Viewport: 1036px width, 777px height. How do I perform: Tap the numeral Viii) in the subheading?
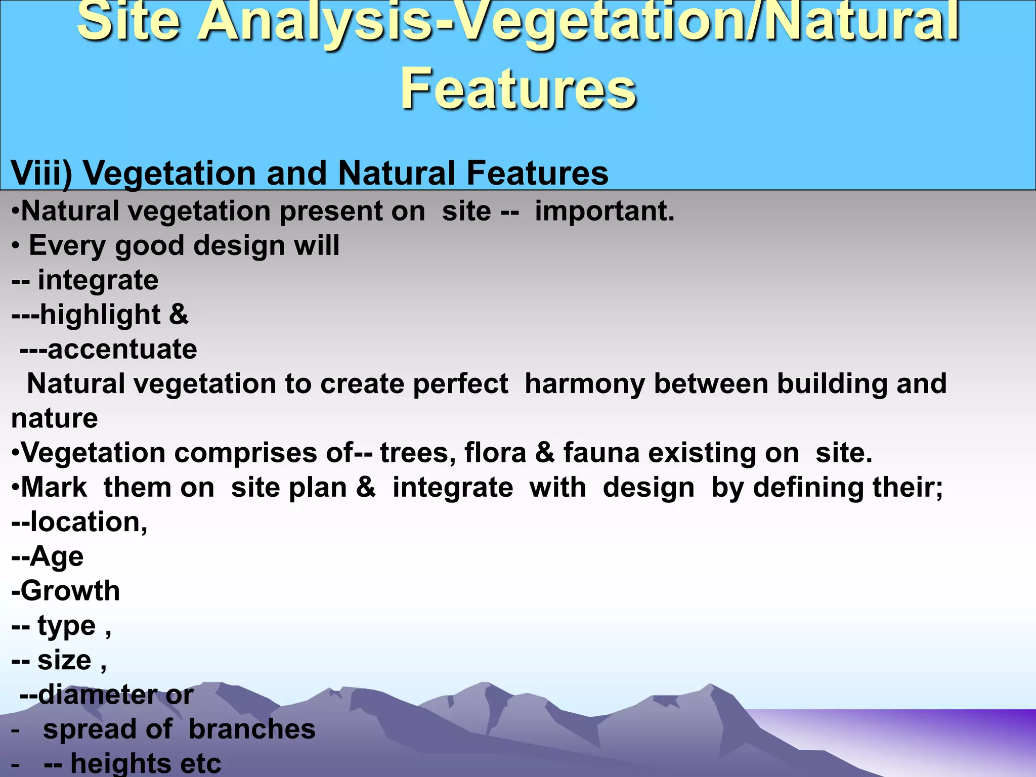[x=41, y=174]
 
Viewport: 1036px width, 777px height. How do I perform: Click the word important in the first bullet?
[x=604, y=211]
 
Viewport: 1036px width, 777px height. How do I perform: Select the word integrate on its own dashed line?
[x=98, y=280]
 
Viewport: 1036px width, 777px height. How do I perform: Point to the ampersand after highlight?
[x=179, y=314]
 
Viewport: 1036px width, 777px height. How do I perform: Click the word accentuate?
[x=122, y=350]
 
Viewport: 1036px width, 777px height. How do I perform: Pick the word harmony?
[x=585, y=384]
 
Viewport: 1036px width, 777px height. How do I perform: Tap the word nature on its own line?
[x=55, y=418]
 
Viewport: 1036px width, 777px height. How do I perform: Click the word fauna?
[x=602, y=453]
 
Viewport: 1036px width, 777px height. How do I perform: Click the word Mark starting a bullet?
[x=54, y=488]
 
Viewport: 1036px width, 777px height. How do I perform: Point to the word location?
[x=89, y=522]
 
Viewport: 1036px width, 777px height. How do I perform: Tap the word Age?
[x=57, y=557]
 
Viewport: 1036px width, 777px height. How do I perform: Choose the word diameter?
[x=98, y=695]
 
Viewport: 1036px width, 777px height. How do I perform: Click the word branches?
[x=252, y=729]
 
